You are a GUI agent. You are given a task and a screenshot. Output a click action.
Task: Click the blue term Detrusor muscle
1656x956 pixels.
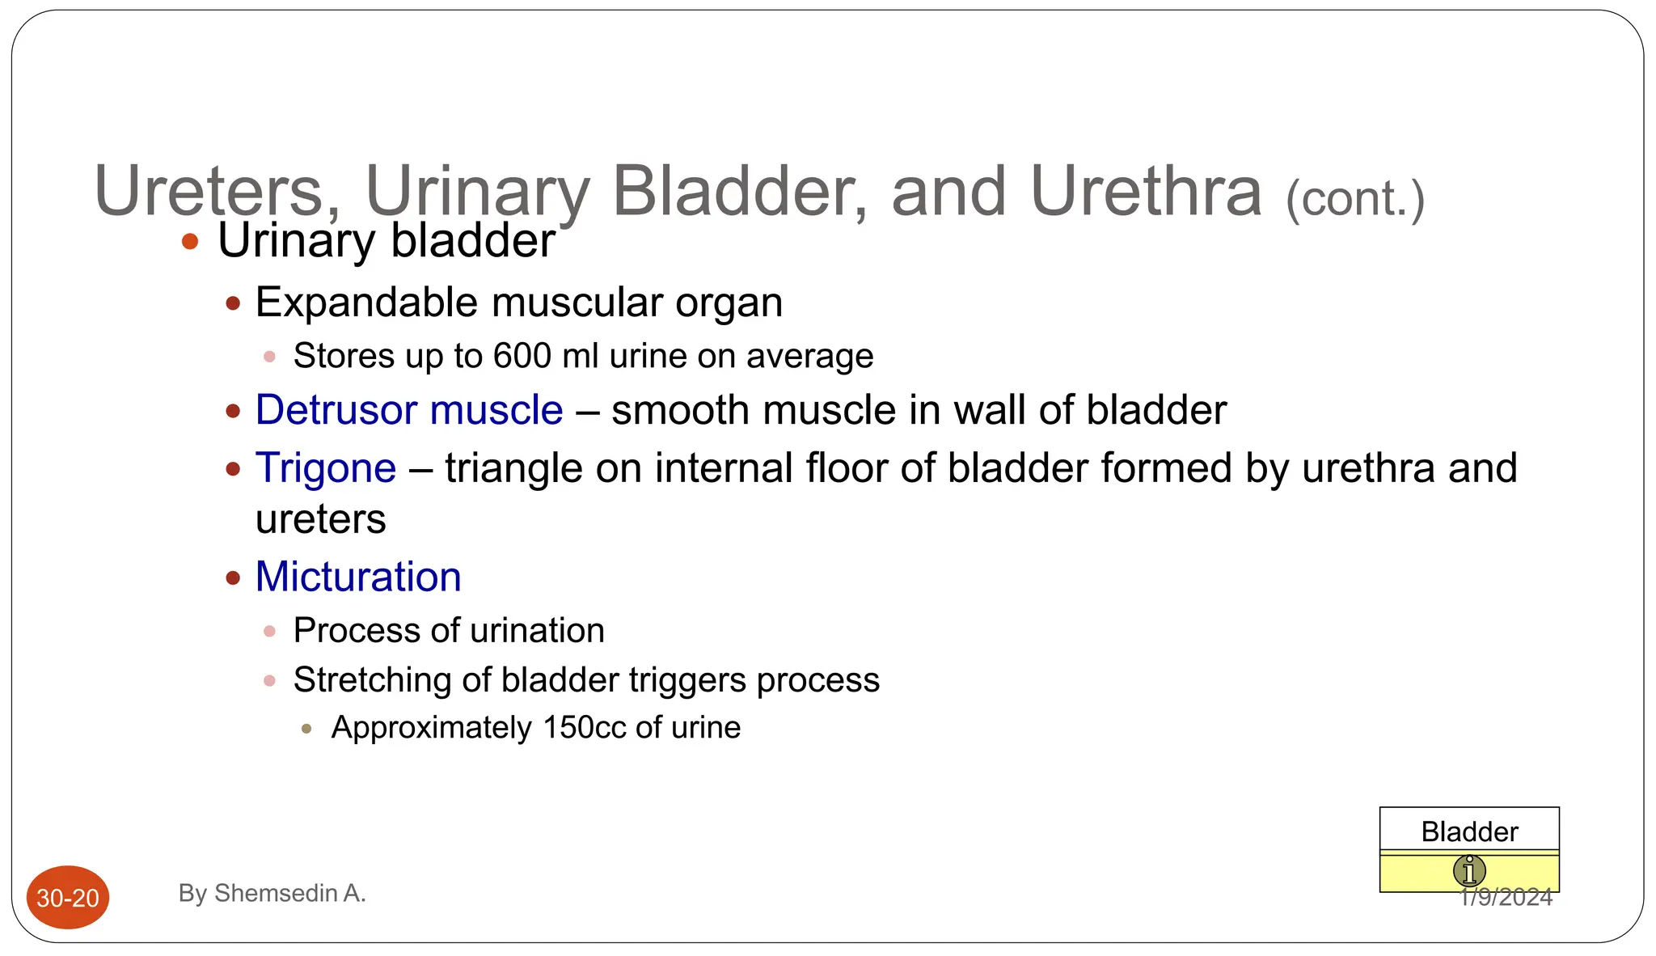408,410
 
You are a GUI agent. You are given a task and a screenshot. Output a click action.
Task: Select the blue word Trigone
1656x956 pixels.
326,468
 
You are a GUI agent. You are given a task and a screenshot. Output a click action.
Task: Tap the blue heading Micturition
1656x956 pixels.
358,577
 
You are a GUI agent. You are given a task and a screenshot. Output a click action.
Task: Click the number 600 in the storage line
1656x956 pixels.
522,356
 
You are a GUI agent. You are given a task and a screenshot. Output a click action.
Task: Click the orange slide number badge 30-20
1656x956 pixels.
68,898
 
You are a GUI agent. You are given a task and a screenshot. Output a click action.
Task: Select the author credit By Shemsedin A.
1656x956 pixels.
272,893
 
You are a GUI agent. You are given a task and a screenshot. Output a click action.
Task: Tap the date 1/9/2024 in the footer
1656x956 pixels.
1506,898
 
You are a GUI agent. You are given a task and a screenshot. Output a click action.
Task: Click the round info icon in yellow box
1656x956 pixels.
1469,871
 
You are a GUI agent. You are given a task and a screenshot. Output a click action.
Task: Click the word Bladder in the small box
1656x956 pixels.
1469,831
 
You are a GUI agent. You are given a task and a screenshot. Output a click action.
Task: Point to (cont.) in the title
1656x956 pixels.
1355,199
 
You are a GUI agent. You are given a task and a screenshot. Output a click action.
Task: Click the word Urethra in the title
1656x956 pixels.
1146,192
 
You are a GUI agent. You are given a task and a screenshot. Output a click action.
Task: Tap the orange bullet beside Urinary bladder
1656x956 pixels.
190,241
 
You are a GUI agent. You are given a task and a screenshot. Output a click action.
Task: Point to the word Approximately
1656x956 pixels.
431,727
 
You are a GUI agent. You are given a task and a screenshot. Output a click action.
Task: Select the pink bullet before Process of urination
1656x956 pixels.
270,631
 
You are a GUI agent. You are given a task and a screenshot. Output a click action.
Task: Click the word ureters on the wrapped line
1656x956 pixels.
320,519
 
